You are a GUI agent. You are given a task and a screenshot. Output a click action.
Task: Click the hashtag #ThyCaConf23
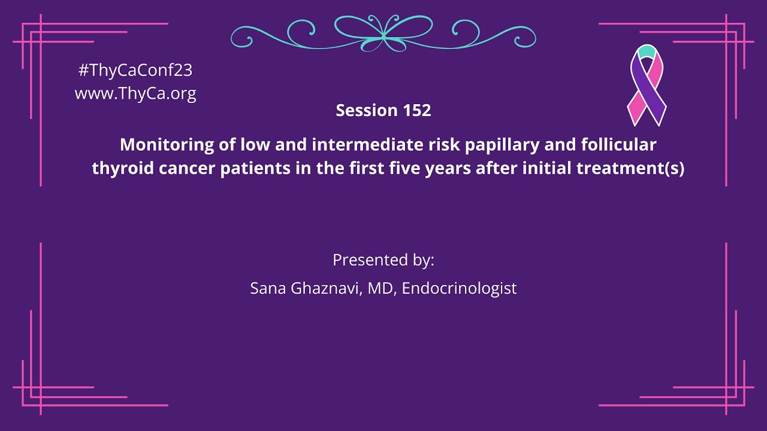pos(135,71)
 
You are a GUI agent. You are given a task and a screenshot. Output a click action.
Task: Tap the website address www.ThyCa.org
pos(135,93)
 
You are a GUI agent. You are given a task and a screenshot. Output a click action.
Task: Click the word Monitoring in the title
pos(159,145)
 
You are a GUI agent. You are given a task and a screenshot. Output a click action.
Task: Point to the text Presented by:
pos(383,260)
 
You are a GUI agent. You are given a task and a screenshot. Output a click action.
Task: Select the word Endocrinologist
pos(459,289)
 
